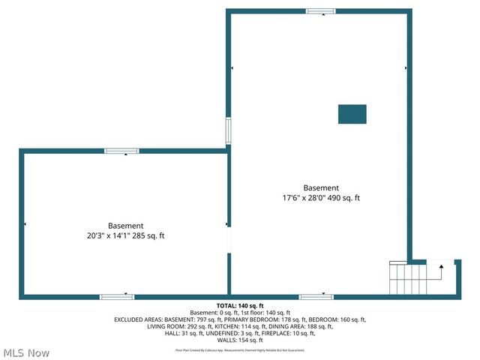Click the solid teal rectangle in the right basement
coord(352,114)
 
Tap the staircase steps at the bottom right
coord(407,278)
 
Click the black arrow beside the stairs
coord(440,265)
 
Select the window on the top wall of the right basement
coord(320,11)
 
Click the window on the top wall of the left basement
coord(121,151)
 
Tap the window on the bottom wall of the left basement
coord(117,296)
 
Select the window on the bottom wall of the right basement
coord(316,296)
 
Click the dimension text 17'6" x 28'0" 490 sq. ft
coord(321,198)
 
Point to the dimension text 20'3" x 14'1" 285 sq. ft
coord(126,235)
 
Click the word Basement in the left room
coord(126,226)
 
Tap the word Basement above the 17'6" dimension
coord(321,188)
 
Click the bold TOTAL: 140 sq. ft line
coord(240,306)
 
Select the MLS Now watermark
coord(26,352)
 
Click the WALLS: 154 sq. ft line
coord(240,340)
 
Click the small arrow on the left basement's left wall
coord(25,224)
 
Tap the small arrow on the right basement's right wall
coord(406,68)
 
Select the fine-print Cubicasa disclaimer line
coord(240,349)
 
